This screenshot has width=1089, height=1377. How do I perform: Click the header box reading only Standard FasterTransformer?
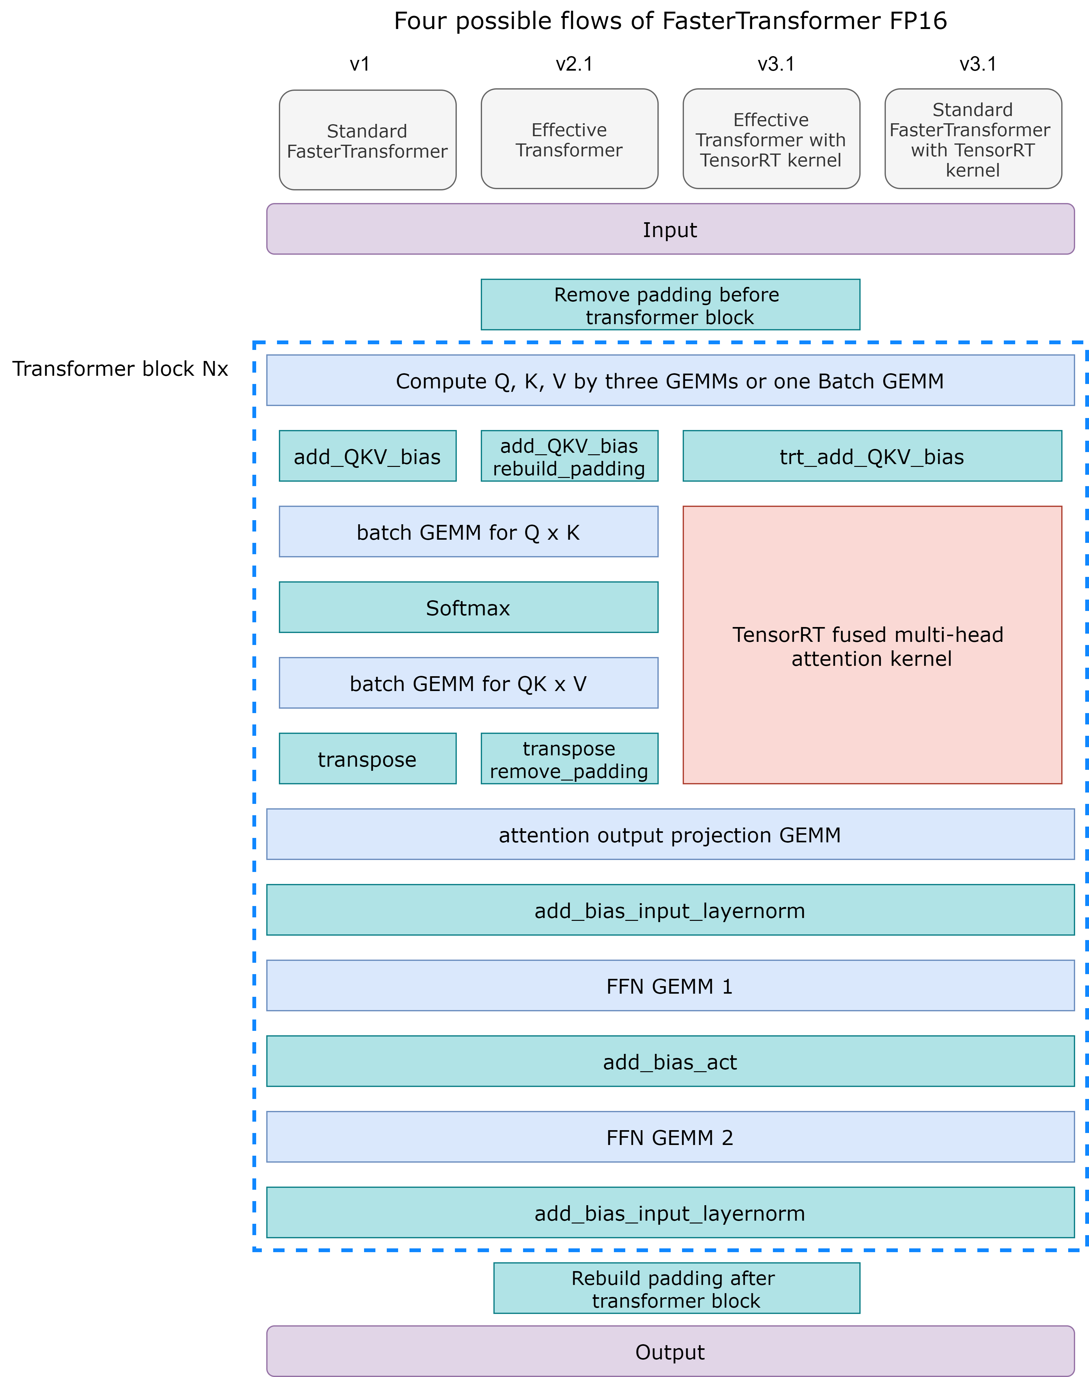click(x=367, y=140)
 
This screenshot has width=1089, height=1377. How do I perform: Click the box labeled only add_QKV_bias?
click(x=367, y=456)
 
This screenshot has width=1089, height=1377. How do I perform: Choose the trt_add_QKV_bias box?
click(x=872, y=456)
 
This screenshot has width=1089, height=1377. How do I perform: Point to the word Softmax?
click(x=468, y=608)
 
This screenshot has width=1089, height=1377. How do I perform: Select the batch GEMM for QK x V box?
click(x=468, y=683)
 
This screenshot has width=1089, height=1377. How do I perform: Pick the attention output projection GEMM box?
click(x=669, y=835)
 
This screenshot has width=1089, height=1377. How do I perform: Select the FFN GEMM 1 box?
click(x=669, y=986)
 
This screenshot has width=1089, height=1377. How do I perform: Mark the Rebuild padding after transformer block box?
click(x=676, y=1288)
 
